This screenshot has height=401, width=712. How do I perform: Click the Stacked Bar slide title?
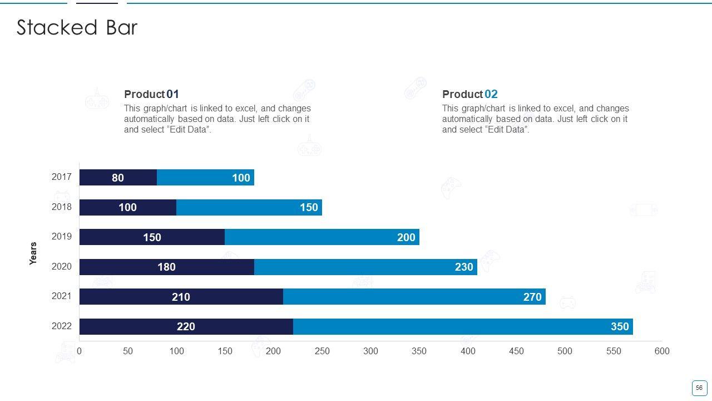pyautogui.click(x=77, y=28)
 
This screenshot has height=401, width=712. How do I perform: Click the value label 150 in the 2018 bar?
pyautogui.click(x=309, y=208)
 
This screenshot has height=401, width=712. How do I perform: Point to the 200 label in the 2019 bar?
pyautogui.click(x=406, y=237)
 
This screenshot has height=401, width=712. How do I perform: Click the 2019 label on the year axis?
pyautogui.click(x=62, y=236)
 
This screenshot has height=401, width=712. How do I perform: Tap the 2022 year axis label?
pyautogui.click(x=62, y=326)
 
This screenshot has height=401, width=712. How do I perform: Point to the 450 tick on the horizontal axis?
pyautogui.click(x=516, y=351)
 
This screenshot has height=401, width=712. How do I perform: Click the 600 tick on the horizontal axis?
pyautogui.click(x=662, y=351)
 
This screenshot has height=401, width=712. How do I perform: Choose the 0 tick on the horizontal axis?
pyautogui.click(x=79, y=351)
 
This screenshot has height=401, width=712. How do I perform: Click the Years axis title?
pyautogui.click(x=33, y=253)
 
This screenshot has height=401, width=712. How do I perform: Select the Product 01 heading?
pyautogui.click(x=151, y=94)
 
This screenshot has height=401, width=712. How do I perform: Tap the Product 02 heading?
pyautogui.click(x=469, y=94)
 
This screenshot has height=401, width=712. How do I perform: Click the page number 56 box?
pyautogui.click(x=699, y=388)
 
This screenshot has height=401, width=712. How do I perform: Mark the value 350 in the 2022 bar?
pyautogui.click(x=620, y=326)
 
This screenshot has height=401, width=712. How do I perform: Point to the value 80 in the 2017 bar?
pyautogui.click(x=118, y=178)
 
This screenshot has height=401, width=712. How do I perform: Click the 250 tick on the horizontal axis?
pyautogui.click(x=322, y=351)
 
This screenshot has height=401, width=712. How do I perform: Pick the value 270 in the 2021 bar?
pyautogui.click(x=532, y=297)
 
